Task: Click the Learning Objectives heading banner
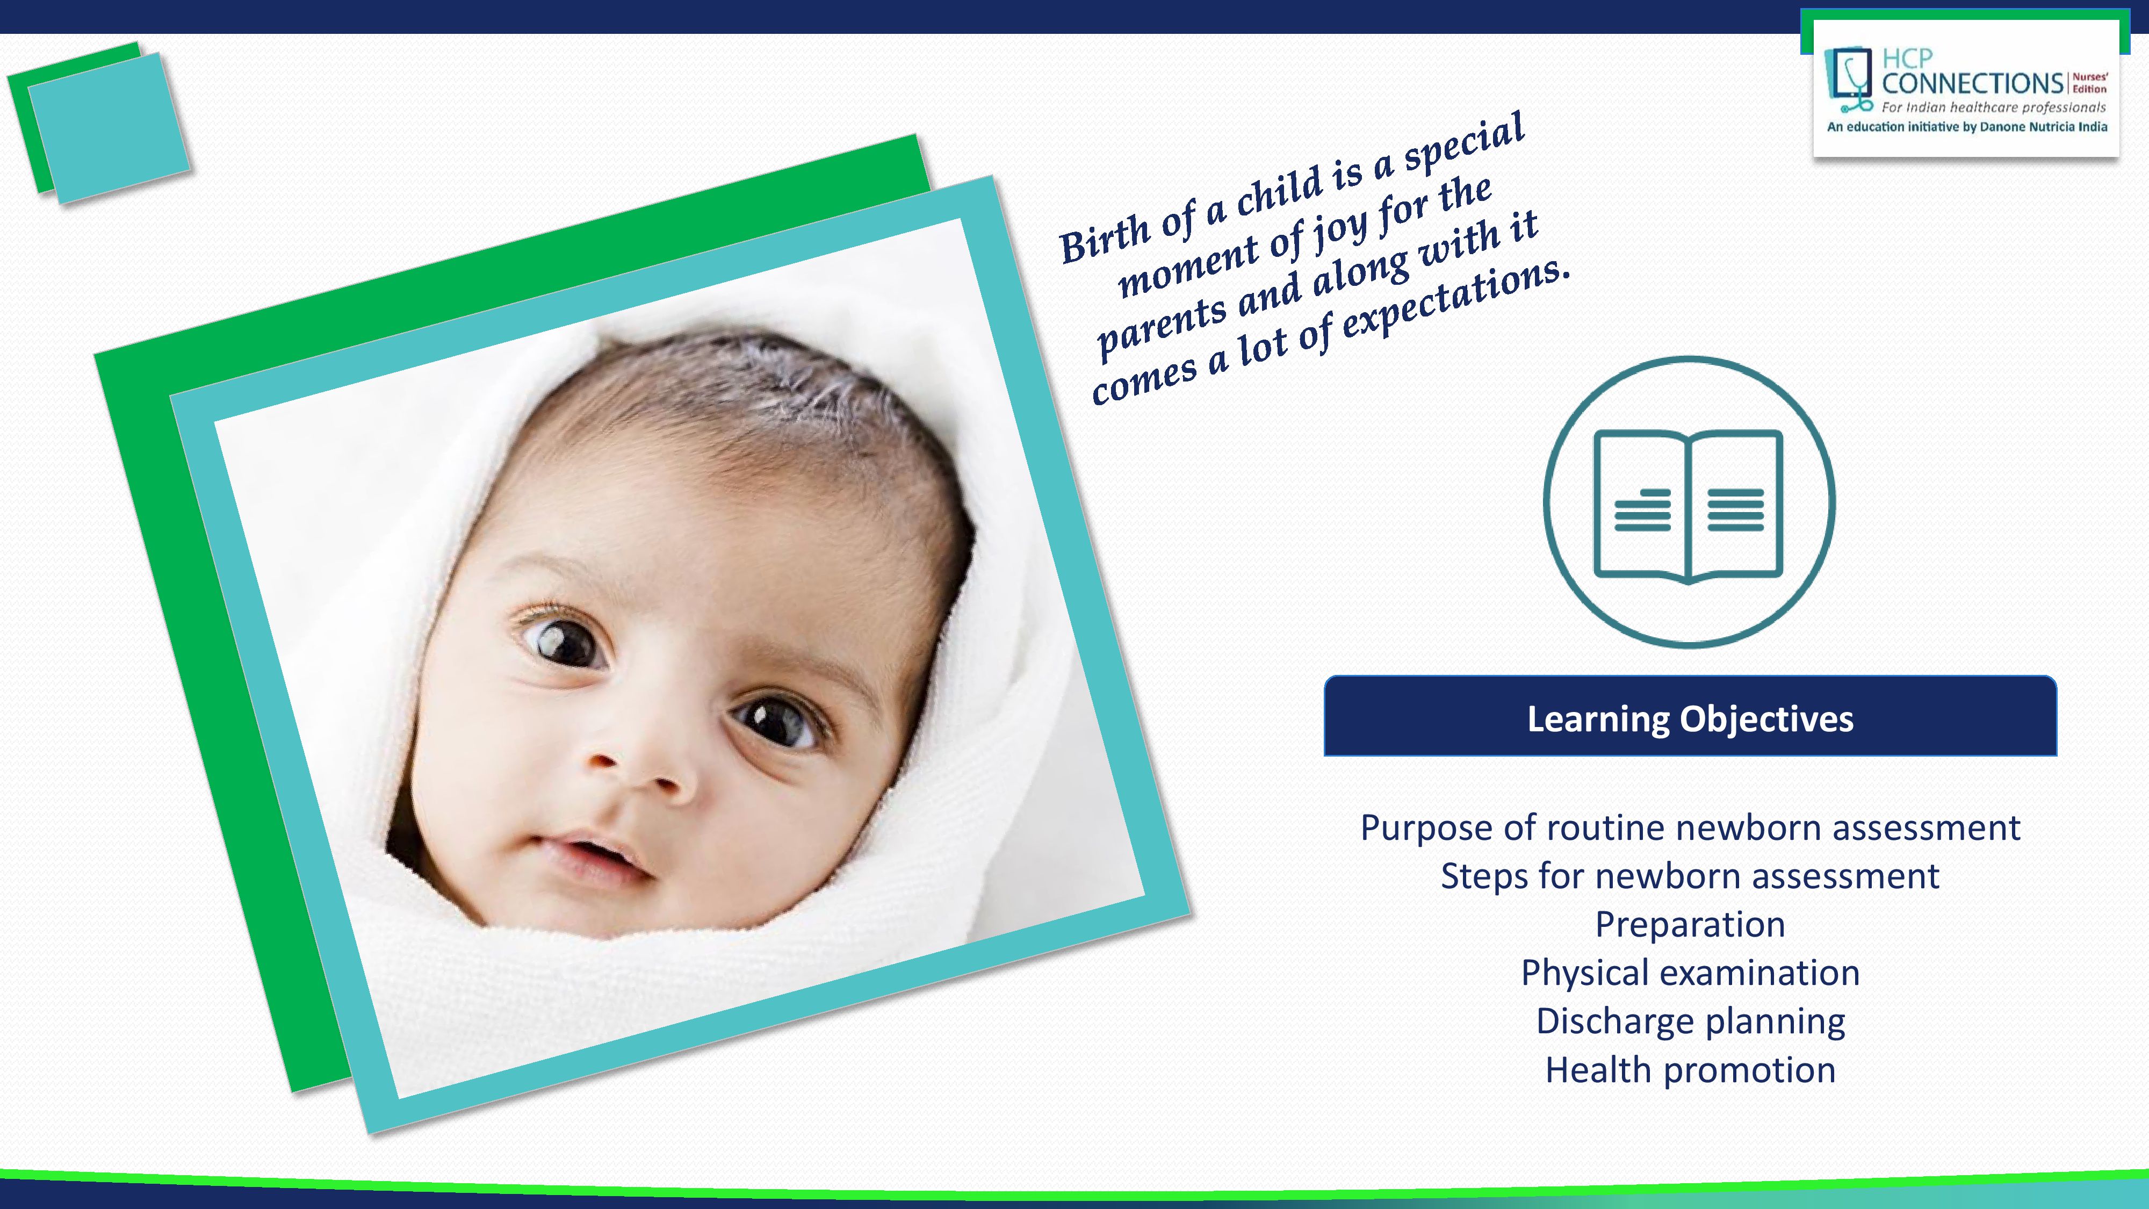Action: (x=1690, y=717)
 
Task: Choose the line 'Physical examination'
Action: (x=1690, y=974)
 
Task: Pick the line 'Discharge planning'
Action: (x=1690, y=1022)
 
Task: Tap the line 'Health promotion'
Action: (x=1690, y=1070)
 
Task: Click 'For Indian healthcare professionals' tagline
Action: (x=1994, y=107)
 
